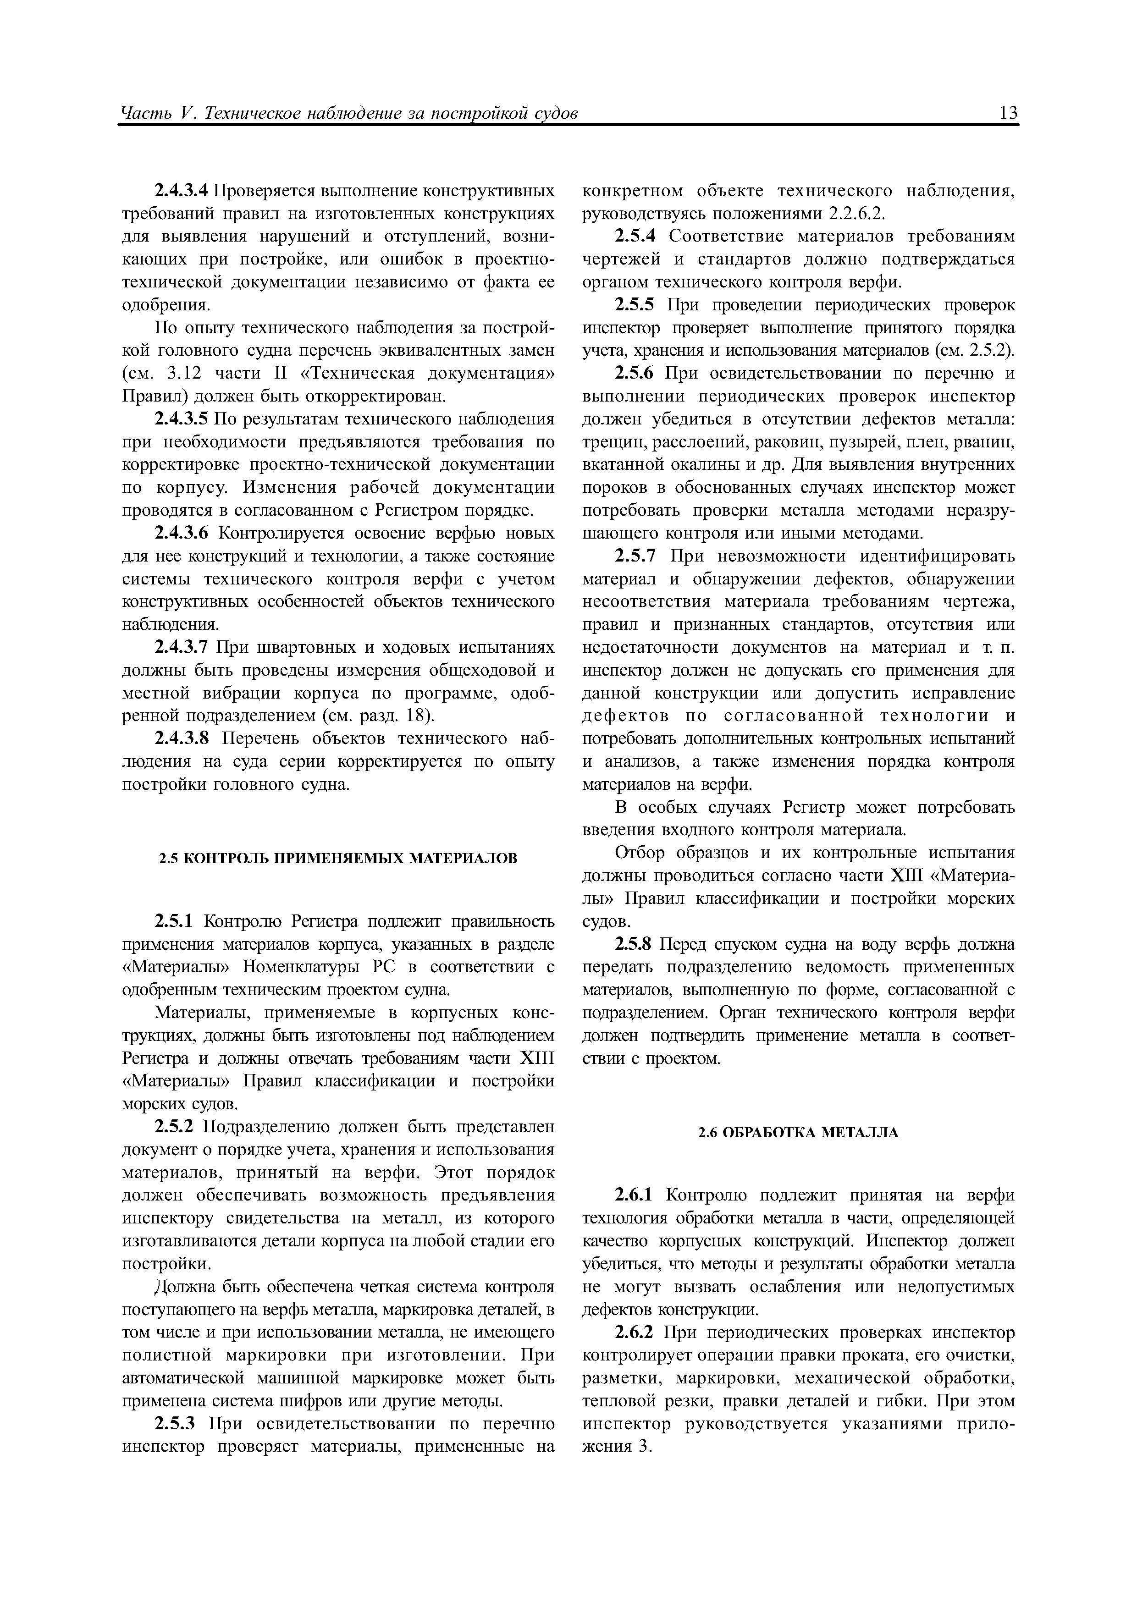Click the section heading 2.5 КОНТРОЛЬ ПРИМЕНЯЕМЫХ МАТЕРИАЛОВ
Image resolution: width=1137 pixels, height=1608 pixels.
coord(338,858)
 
